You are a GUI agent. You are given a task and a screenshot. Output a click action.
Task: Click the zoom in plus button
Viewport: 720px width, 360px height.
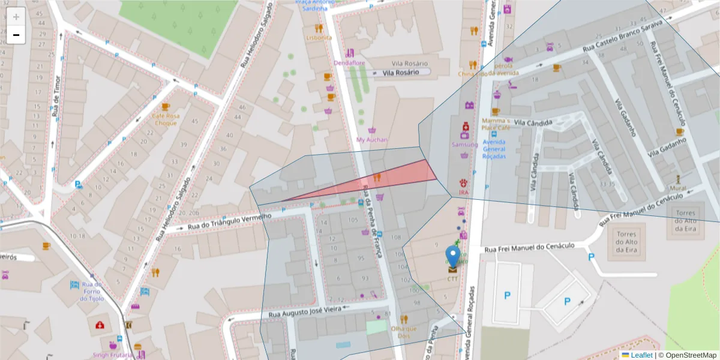click(16, 17)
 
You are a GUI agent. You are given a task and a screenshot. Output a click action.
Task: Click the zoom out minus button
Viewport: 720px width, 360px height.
click(16, 35)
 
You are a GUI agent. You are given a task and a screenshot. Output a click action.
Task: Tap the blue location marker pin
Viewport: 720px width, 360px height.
click(454, 255)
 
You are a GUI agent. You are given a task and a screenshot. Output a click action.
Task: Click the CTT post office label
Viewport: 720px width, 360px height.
click(452, 279)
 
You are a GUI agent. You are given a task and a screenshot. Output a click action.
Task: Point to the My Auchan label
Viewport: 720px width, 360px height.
click(372, 140)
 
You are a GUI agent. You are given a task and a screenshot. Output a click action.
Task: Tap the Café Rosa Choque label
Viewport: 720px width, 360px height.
click(166, 119)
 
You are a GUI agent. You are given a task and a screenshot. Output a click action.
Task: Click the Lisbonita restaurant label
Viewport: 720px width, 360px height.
click(319, 37)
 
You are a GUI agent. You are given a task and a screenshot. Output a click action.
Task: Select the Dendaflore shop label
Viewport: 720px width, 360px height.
click(349, 62)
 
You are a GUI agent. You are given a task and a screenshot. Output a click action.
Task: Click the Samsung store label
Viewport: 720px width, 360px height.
click(464, 145)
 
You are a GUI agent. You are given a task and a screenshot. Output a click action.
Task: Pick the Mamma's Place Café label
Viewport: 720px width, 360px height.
click(495, 124)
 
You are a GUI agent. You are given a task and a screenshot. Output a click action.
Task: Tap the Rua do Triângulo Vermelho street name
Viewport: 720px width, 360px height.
click(229, 221)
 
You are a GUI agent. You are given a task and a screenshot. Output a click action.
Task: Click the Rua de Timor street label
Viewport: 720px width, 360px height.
click(57, 96)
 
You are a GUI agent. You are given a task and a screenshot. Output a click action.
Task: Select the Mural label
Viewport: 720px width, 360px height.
click(677, 188)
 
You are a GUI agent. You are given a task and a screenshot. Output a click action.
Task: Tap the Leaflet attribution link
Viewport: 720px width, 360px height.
click(641, 355)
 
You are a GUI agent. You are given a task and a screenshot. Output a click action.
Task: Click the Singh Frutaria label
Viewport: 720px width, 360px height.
click(112, 355)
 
